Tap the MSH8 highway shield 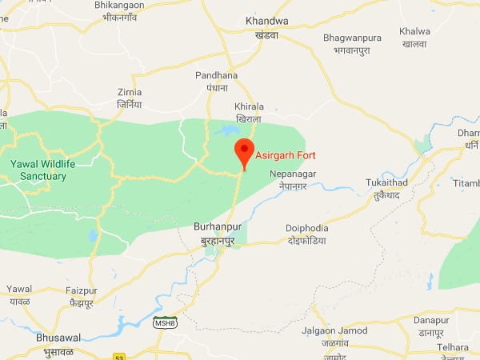coord(163,322)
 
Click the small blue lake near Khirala coord(226,130)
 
